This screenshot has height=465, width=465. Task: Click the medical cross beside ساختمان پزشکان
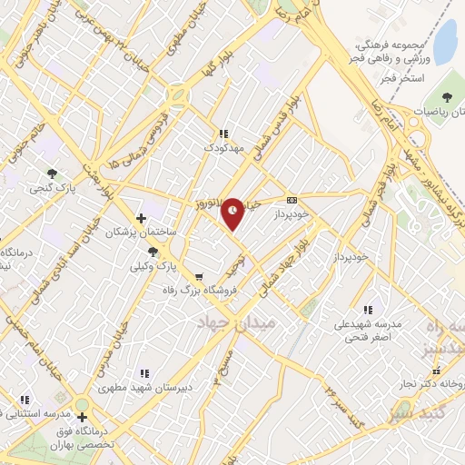[x=140, y=218]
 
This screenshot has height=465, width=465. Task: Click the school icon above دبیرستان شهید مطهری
[x=144, y=372]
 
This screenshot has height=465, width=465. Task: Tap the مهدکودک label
[x=223, y=146]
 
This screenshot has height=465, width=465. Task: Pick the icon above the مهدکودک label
[x=223, y=133]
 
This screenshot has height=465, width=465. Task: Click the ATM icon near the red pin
[x=292, y=200]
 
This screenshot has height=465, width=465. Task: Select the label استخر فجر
[x=403, y=81]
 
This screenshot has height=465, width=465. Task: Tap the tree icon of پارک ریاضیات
[x=446, y=97]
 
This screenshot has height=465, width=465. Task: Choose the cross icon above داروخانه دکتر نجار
[x=444, y=371]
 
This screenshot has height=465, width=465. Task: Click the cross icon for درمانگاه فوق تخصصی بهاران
[x=82, y=417]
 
